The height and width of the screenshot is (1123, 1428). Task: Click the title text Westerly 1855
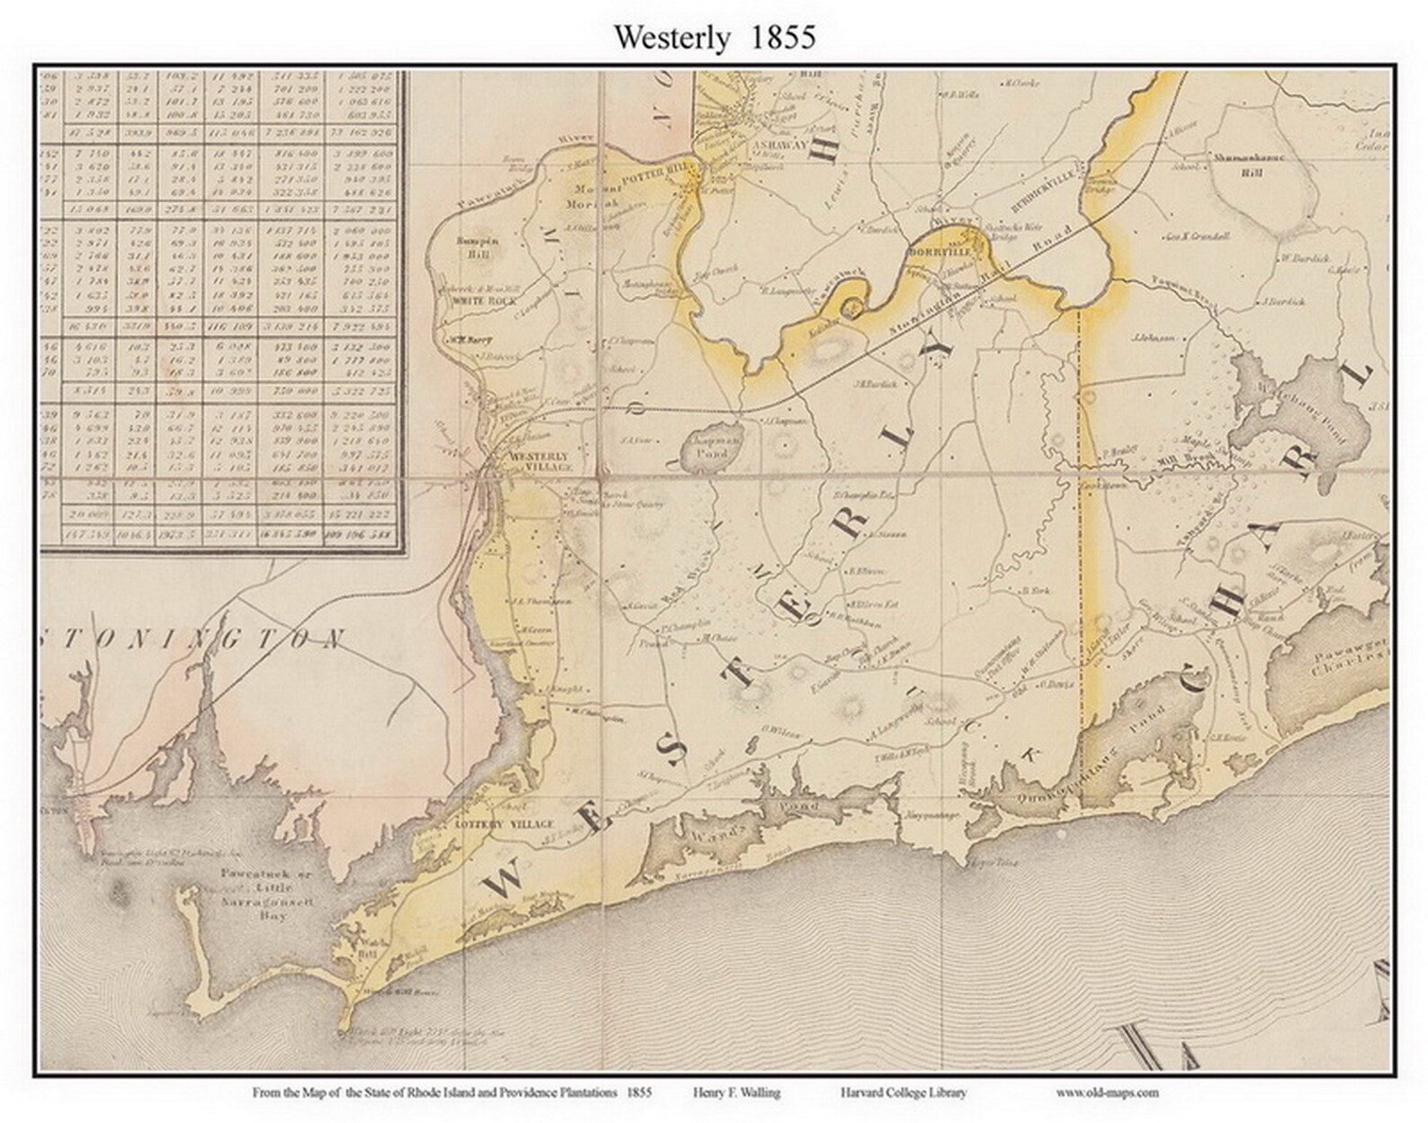[x=715, y=38]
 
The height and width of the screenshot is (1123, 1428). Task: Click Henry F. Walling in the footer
[x=736, y=1092]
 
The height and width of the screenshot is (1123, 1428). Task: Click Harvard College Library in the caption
[x=904, y=1092]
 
